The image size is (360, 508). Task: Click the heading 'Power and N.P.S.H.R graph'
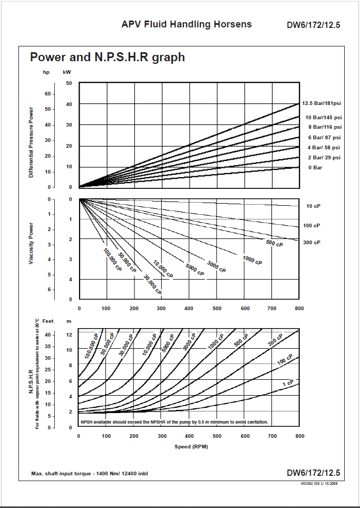108,57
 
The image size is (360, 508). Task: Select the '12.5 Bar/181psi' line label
322,103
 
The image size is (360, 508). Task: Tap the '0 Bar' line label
315,168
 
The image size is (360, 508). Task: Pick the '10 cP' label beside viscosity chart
313,206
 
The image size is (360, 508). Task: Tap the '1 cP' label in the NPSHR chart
288,382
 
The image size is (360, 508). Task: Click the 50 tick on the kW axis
69,83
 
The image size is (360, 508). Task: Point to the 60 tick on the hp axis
47,94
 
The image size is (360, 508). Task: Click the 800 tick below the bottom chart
299,436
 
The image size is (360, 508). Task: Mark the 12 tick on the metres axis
69,335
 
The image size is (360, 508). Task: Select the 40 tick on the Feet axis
47,335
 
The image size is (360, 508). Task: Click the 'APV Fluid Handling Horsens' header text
187,24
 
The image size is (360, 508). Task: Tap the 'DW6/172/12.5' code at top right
313,25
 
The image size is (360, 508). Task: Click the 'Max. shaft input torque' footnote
90,473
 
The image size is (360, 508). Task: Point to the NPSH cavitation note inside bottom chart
174,422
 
